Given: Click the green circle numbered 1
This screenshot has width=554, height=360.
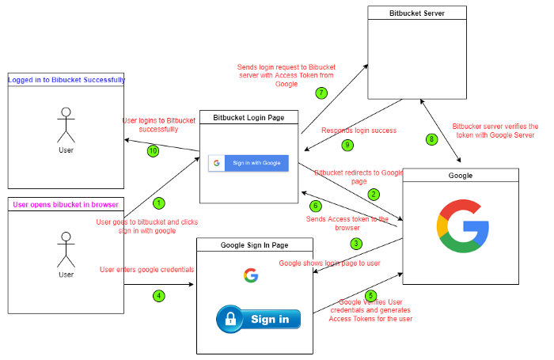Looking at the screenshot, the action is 159,203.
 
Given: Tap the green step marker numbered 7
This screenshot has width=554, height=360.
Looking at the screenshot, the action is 321,93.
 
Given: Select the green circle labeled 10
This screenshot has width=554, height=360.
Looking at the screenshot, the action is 153,151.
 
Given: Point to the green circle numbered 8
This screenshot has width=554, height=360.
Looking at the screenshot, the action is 431,139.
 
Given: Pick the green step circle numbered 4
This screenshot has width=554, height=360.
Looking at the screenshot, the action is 159,296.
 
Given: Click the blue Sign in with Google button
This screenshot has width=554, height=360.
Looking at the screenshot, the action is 249,163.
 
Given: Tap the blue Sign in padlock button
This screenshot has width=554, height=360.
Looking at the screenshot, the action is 258,319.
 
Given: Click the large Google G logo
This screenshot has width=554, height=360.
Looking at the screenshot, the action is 463,226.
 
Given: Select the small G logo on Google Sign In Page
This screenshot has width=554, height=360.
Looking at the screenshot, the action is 251,275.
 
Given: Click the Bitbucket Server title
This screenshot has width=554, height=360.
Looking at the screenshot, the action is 417,13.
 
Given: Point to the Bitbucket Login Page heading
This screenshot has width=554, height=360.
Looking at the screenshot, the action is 249,118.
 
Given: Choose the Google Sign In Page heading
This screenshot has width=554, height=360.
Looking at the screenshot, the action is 254,245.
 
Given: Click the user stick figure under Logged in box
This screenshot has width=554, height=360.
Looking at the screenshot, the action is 66,126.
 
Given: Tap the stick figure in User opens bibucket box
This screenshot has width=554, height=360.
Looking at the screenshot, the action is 66,250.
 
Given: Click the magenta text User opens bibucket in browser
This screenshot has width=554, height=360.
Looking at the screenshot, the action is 66,205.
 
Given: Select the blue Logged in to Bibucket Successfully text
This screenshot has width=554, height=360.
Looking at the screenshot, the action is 66,80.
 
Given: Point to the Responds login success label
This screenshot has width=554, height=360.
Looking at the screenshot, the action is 359,131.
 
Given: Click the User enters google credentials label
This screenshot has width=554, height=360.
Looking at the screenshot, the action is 147,270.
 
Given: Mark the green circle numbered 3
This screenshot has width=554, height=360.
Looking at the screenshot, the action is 356,244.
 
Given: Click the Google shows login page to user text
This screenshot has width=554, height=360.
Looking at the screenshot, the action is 330,263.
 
